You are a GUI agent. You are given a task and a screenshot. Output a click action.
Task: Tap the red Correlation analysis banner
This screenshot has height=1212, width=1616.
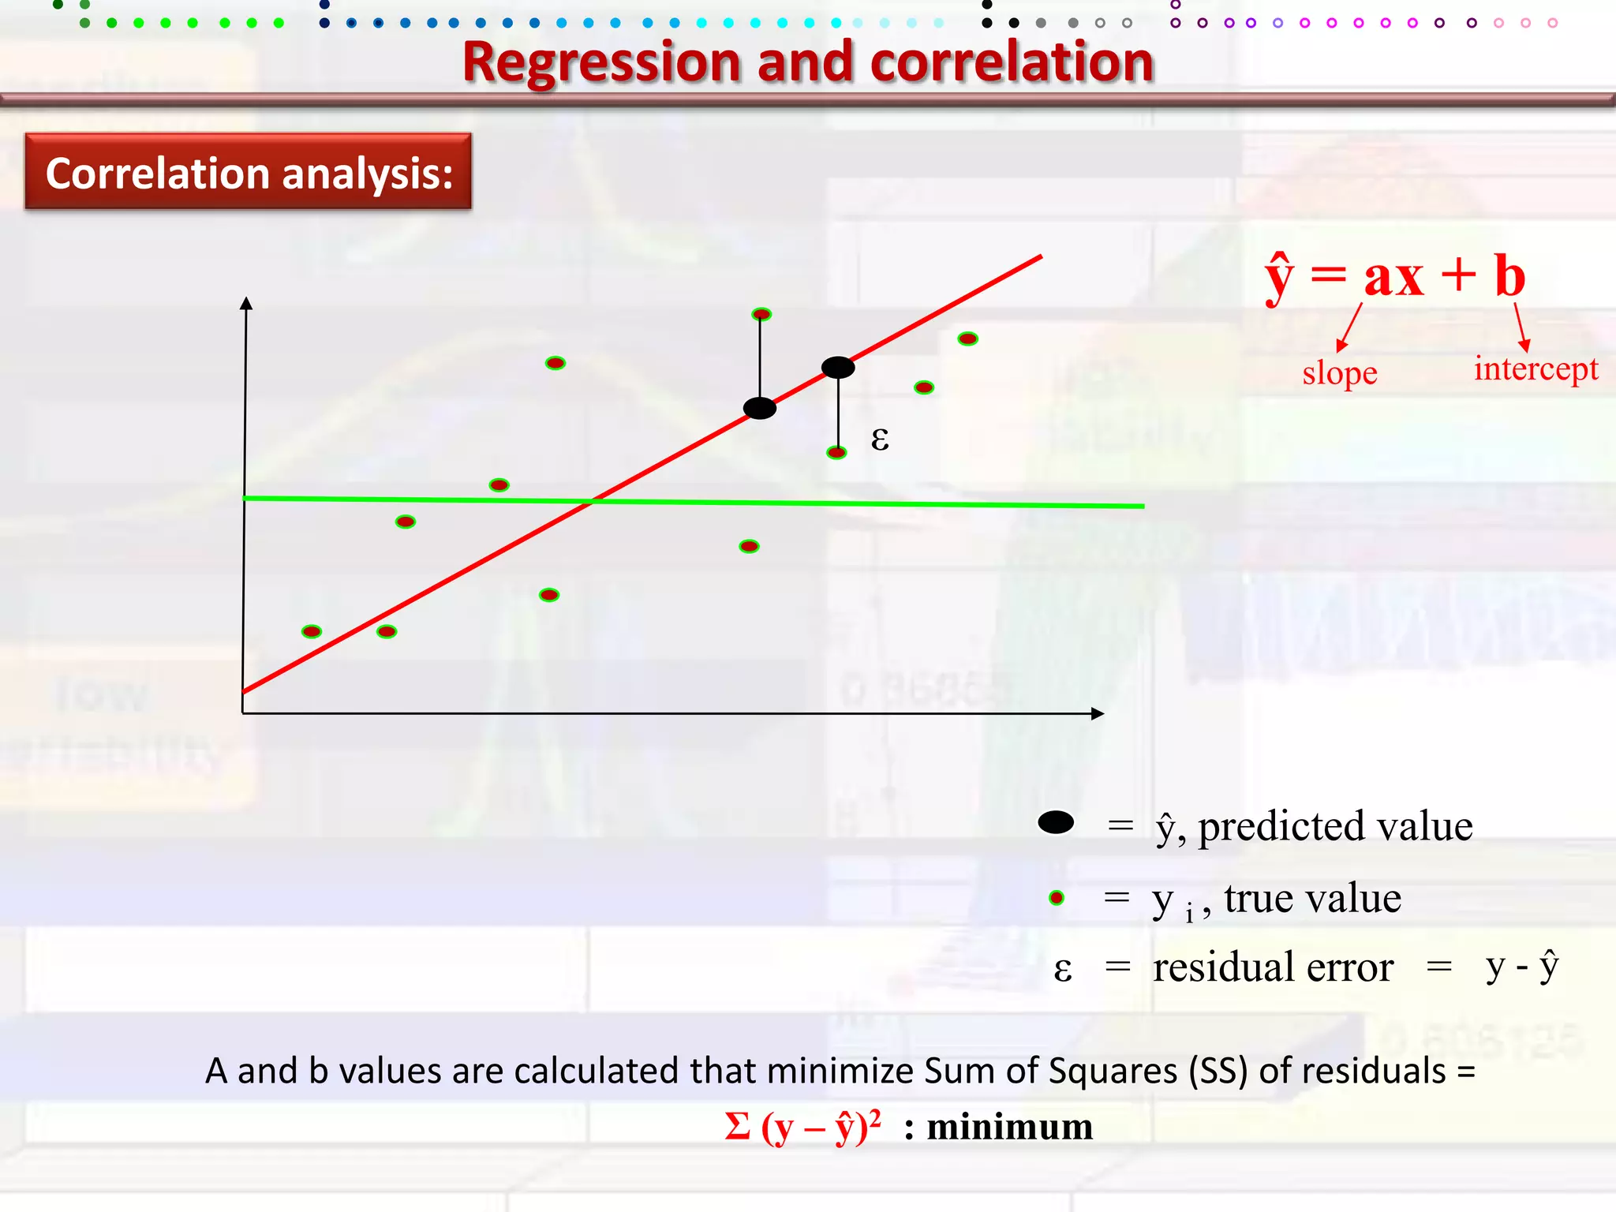click(249, 172)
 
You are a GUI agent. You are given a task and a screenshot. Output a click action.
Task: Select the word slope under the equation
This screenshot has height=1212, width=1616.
click(1339, 373)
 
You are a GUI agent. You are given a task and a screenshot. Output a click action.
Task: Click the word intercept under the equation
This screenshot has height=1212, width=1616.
click(1536, 368)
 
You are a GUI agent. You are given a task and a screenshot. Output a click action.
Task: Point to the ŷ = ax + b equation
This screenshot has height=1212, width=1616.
click(1395, 277)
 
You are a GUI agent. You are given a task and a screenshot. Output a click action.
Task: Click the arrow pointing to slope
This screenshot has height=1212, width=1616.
click(1349, 327)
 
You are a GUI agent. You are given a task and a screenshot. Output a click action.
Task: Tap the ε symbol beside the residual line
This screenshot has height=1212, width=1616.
click(880, 439)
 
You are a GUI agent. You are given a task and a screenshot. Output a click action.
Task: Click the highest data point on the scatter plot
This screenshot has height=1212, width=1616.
click(761, 314)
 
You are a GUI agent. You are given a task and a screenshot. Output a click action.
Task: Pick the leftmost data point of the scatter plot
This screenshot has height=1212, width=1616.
click(312, 631)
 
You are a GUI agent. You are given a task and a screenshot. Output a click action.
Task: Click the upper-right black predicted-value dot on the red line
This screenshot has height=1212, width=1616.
click(838, 367)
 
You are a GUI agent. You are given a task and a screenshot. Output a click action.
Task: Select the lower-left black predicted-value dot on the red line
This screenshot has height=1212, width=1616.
click(760, 408)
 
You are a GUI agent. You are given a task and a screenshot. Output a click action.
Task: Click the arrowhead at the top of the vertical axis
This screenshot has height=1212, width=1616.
click(246, 303)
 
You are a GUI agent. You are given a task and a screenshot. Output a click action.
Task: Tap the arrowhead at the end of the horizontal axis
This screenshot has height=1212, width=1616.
click(1097, 713)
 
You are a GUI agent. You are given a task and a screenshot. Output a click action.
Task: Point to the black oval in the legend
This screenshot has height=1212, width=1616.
click(1056, 823)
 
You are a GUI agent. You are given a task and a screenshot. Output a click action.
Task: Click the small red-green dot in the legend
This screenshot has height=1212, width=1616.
click(1057, 898)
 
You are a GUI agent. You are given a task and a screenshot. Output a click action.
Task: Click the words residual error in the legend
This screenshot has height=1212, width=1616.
click(1273, 967)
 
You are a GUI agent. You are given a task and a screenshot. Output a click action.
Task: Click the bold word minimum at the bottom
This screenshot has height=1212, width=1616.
click(1009, 1127)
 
